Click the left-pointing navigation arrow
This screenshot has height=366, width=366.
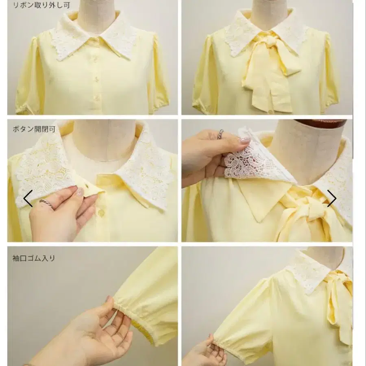pos(28,198)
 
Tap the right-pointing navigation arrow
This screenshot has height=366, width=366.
pos(332,198)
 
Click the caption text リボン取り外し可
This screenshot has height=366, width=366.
pos(41,5)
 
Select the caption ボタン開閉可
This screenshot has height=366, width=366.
pos(34,129)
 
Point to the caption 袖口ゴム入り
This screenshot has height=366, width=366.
pos(34,258)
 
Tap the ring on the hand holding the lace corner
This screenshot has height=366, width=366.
pos(220,134)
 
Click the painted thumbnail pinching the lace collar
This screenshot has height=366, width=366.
pos(245,141)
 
